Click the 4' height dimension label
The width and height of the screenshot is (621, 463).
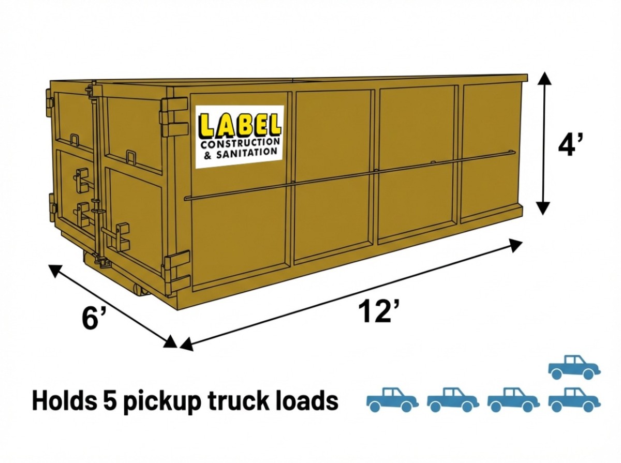pyautogui.click(x=571, y=146)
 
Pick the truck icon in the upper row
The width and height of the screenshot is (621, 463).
pyautogui.click(x=574, y=367)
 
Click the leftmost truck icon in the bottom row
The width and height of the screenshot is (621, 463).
pyautogui.click(x=392, y=399)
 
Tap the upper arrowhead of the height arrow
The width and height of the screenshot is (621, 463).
pyautogui.click(x=543, y=79)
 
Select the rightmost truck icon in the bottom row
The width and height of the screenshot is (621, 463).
pyautogui.click(x=574, y=399)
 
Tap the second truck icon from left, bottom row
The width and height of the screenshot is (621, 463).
pyautogui.click(x=453, y=399)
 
